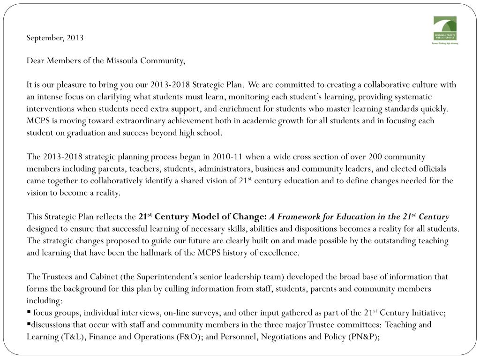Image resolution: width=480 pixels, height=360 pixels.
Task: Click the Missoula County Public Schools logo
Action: point(445,30)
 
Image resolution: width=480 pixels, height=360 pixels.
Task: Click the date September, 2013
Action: point(55,37)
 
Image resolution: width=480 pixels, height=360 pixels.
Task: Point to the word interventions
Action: point(49,109)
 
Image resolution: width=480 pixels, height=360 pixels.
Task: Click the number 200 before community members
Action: point(375,157)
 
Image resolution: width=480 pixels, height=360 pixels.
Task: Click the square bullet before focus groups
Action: point(29,312)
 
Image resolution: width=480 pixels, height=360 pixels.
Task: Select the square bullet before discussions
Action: point(29,324)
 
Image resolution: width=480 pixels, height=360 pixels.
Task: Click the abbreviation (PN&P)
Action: point(363,336)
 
